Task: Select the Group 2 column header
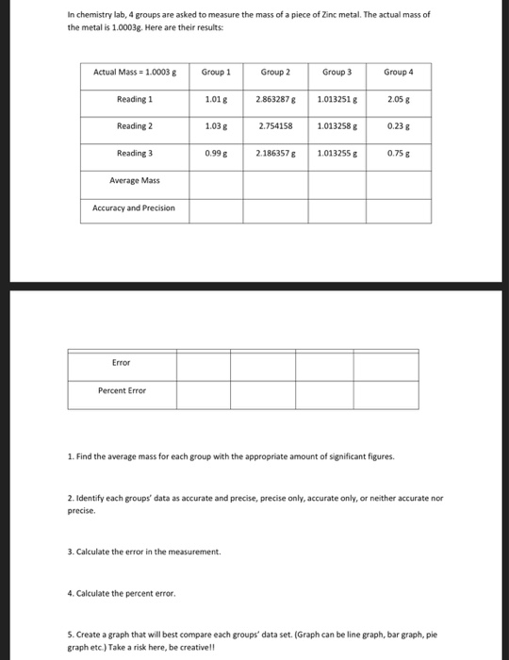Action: tap(275, 72)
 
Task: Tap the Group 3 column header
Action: tap(337, 72)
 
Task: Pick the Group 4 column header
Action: tap(399, 72)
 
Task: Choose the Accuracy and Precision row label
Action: tap(134, 207)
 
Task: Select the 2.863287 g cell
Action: tap(275, 99)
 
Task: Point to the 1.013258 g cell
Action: tap(337, 125)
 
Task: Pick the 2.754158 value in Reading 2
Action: tap(275, 125)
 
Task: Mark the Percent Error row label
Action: tap(122, 390)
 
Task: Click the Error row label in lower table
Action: tap(122, 361)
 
